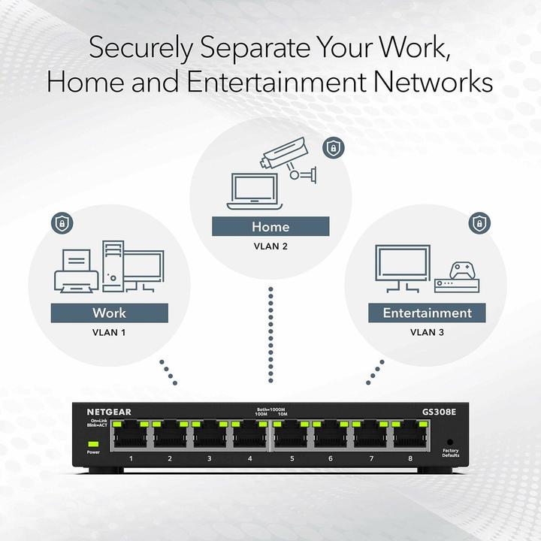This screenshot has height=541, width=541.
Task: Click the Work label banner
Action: (109, 313)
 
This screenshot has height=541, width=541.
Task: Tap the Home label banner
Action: (270, 226)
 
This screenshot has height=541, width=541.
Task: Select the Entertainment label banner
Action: (427, 313)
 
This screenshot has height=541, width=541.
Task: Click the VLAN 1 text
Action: (109, 331)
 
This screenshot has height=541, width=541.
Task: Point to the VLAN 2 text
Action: (270, 245)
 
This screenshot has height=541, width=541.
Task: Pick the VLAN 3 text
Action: (427, 331)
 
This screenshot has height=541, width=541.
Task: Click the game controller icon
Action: (460, 270)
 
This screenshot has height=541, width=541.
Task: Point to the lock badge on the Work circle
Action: (61, 222)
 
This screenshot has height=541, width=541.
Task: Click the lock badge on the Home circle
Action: (331, 147)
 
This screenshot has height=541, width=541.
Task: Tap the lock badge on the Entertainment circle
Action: (478, 222)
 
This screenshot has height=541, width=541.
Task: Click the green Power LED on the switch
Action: (92, 443)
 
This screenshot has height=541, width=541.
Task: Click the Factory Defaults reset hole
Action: (451, 442)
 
